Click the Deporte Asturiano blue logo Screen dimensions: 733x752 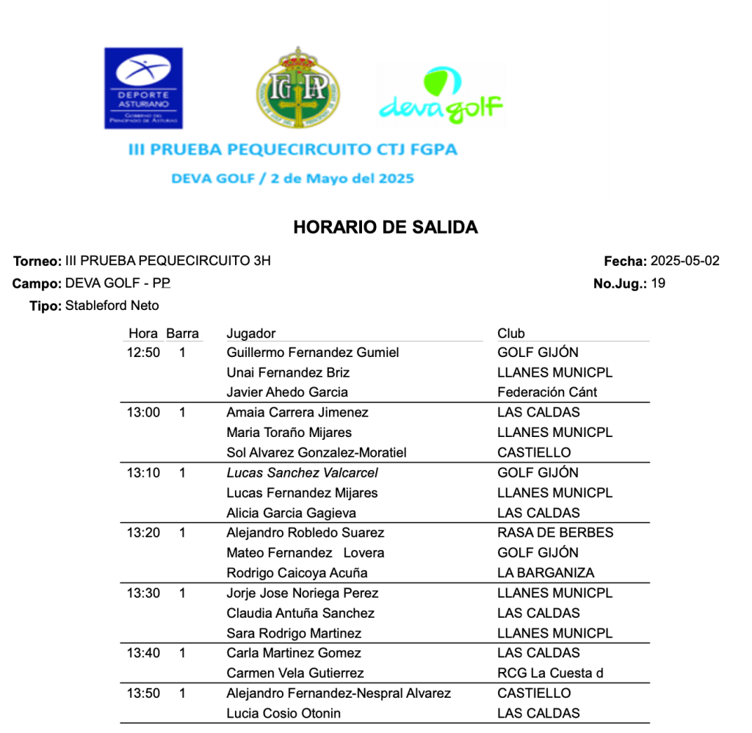(x=143, y=88)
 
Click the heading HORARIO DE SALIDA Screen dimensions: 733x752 (x=386, y=228)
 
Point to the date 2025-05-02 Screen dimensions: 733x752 (x=685, y=261)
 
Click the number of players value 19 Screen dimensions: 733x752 (x=658, y=284)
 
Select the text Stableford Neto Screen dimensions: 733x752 (x=112, y=306)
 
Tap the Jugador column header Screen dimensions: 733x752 (x=251, y=333)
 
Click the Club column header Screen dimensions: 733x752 (x=511, y=333)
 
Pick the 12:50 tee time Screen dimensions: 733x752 (x=143, y=353)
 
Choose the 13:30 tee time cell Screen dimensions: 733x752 (x=143, y=593)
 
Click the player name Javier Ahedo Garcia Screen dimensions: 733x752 (x=287, y=392)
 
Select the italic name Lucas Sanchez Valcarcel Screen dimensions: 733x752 (x=303, y=473)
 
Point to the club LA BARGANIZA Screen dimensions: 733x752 (x=546, y=573)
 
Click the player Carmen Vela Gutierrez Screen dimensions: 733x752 (x=295, y=673)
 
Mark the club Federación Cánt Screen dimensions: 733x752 (x=547, y=392)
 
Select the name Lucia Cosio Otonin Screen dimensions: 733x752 (x=283, y=713)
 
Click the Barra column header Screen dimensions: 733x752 (x=183, y=333)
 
